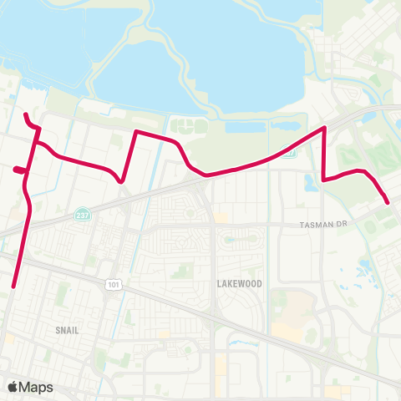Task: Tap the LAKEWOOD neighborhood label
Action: pos(239,284)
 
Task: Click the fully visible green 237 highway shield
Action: pos(80,214)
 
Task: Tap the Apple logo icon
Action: pos(14,387)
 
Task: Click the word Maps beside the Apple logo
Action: pos(38,387)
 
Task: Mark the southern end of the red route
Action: pos(15,287)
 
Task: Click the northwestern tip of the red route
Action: pos(25,114)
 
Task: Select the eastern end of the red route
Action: pos(388,201)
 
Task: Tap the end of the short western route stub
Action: pos(15,170)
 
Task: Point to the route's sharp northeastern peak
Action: pos(324,128)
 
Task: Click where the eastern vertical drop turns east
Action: pos(324,179)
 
